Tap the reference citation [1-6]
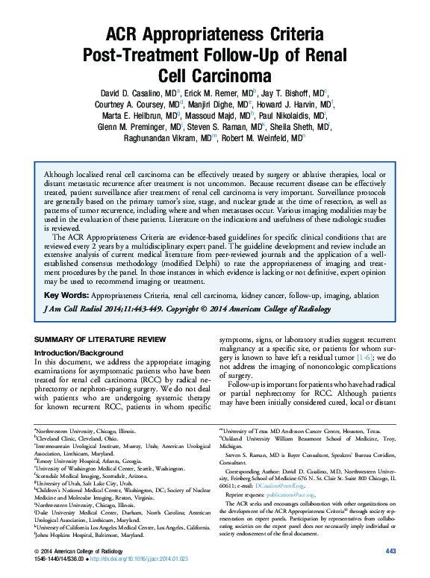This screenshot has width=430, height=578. [x=366, y=358]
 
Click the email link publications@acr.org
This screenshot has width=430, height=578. [x=289, y=494]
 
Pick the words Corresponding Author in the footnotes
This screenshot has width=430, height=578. [x=258, y=472]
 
